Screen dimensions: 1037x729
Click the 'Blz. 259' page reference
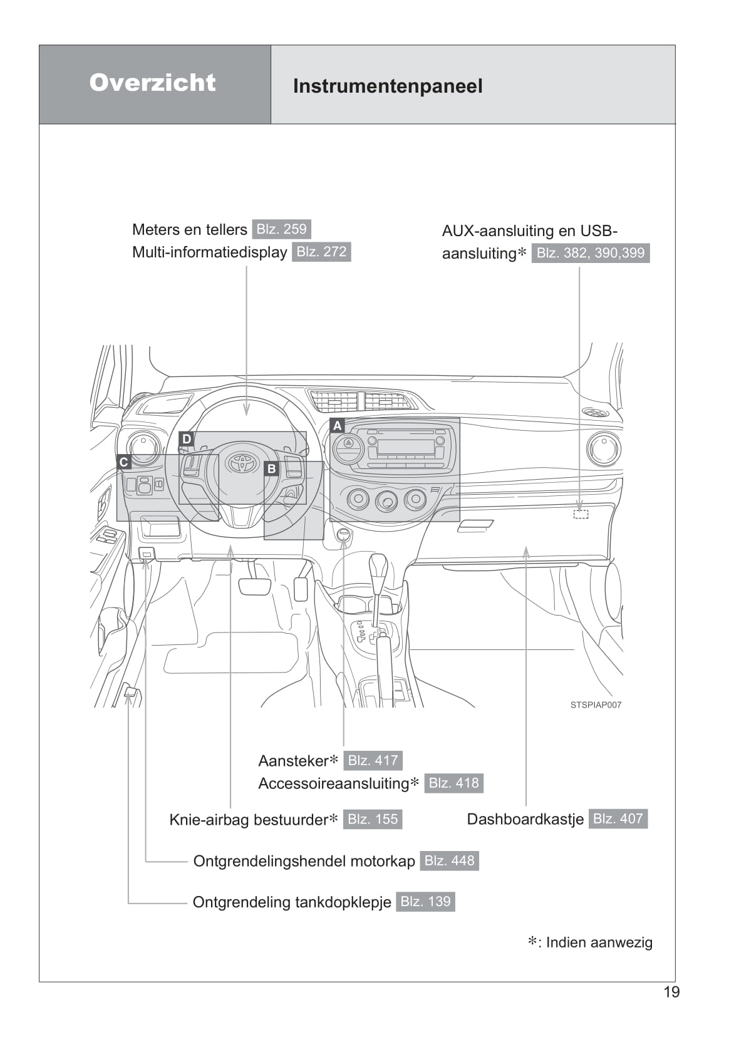coord(281,229)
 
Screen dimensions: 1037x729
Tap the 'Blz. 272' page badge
coord(321,252)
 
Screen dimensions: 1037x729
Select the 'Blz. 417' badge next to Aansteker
coord(373,760)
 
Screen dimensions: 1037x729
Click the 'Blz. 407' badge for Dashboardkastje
coord(618,818)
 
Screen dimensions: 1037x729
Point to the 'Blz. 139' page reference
coord(425,902)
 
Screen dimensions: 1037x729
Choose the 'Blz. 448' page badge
coord(449,860)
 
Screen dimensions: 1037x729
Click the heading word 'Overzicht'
coord(152,83)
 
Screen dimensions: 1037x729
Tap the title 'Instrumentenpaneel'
coord(388,86)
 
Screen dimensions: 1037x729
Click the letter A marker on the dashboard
coord(337,426)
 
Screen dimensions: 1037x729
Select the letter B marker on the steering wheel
coord(271,468)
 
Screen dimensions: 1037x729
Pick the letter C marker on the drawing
coord(123,462)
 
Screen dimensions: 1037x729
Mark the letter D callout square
coord(186,439)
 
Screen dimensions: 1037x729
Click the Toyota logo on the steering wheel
coord(242,463)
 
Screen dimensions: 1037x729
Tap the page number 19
coord(671,992)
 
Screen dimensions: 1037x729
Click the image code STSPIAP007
coord(596,704)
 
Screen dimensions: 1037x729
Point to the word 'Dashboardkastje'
coord(525,819)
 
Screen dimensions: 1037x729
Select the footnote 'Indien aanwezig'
coord(599,942)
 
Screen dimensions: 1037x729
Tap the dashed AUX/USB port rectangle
coord(581,514)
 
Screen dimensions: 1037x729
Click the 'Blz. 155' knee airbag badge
coord(373,819)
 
